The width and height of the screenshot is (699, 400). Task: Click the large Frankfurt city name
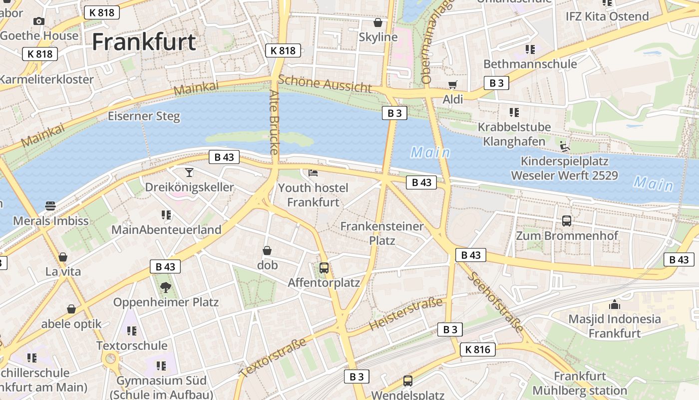(x=144, y=42)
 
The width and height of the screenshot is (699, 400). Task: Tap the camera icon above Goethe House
(x=38, y=21)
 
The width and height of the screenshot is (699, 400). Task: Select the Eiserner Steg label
(x=144, y=116)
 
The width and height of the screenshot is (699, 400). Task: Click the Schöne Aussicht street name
(x=325, y=83)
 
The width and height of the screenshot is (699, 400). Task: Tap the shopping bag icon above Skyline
(x=378, y=22)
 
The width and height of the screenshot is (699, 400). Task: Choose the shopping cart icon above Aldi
(x=452, y=84)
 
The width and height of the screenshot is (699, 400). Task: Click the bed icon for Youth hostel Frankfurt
(x=313, y=173)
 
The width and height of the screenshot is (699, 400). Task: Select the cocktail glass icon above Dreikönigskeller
(x=189, y=172)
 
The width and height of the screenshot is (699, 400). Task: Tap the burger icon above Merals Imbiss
(x=50, y=205)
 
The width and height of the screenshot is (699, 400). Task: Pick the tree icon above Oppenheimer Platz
(x=165, y=287)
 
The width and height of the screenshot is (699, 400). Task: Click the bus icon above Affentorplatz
(x=324, y=267)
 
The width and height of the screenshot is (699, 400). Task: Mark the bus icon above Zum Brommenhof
(x=566, y=220)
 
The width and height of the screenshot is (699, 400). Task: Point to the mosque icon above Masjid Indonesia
(x=614, y=304)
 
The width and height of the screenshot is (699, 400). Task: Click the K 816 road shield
(x=477, y=349)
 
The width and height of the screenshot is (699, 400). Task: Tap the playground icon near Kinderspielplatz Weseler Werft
(x=564, y=146)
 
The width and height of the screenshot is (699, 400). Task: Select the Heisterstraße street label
(x=405, y=314)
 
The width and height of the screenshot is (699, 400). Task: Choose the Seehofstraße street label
(x=495, y=302)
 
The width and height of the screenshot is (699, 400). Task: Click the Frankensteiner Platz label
(x=382, y=233)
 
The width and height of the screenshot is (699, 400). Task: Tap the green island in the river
(x=260, y=138)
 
